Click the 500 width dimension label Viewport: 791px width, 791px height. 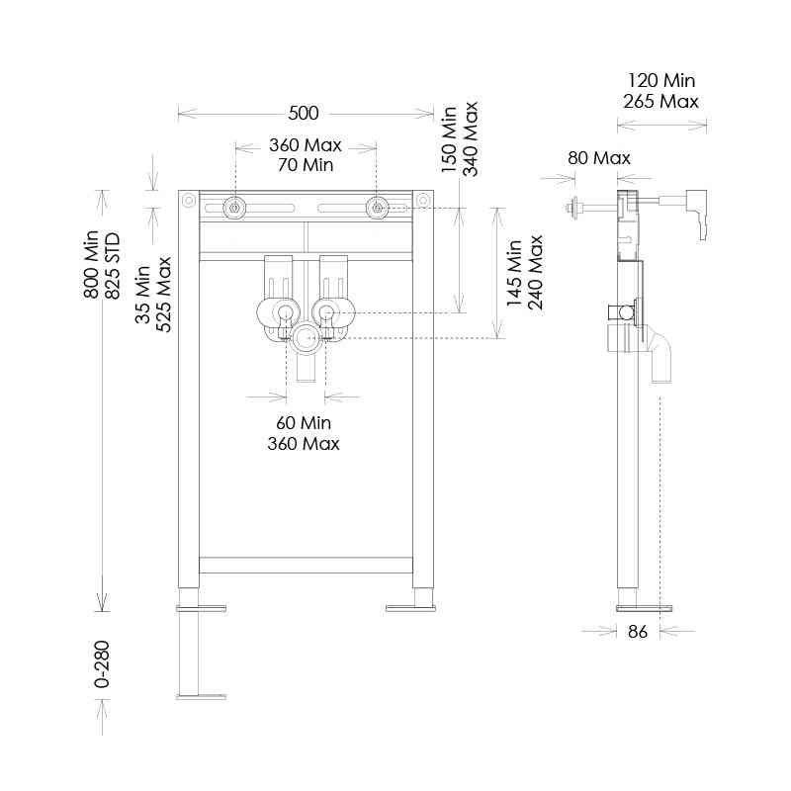point(305,114)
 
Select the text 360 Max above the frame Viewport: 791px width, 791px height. point(305,145)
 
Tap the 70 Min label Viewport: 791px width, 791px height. point(305,164)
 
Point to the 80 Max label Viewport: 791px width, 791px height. point(598,158)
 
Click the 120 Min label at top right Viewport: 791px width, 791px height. point(660,80)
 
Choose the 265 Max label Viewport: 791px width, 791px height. point(660,101)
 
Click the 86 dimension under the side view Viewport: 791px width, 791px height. point(638,632)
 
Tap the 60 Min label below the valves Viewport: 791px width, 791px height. point(304,423)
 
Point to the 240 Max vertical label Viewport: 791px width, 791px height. point(536,272)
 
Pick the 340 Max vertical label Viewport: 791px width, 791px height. point(471,138)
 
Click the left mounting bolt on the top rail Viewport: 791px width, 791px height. point(234,208)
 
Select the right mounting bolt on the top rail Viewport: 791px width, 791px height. point(377,208)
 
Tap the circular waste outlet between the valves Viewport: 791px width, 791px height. point(305,338)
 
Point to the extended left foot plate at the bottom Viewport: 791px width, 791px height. point(202,696)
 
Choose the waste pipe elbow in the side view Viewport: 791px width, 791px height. point(659,353)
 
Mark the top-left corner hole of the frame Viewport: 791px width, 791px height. point(188,201)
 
